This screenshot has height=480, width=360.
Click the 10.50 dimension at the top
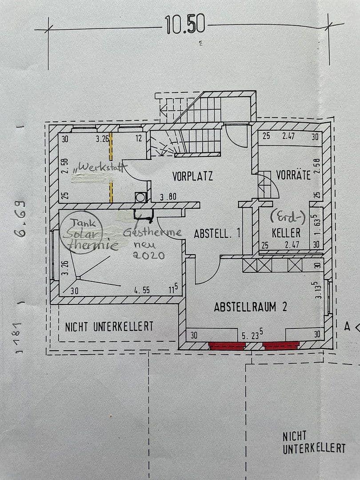point(185,25)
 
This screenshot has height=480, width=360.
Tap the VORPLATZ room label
point(192,176)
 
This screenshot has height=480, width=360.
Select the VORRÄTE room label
point(293,175)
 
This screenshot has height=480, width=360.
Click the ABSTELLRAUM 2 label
point(251,307)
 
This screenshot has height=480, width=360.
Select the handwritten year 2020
point(149,256)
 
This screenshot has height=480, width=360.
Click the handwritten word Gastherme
point(152,232)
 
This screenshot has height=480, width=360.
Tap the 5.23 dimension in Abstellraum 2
point(252,335)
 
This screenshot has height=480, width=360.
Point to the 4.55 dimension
point(142,291)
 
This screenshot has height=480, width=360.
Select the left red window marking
point(227,345)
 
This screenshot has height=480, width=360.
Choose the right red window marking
point(281,345)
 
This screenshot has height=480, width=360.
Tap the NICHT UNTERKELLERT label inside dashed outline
point(109,327)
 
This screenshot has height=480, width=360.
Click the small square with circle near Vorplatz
point(140,197)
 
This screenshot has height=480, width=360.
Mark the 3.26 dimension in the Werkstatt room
point(103,139)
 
